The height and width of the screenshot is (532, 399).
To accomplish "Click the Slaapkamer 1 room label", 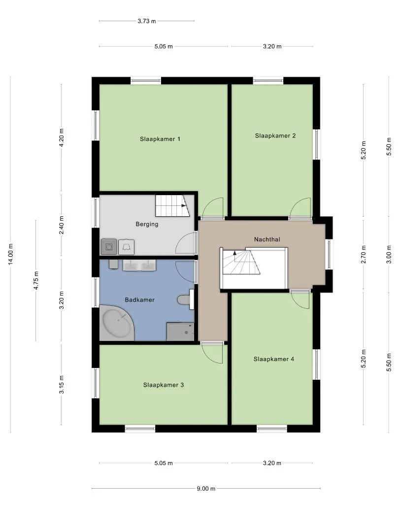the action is (x=160, y=139).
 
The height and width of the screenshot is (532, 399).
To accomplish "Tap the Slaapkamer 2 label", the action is (x=275, y=136).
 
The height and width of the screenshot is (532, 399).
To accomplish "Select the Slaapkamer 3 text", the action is (x=163, y=385).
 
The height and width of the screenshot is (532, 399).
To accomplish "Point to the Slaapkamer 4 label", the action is (x=274, y=359).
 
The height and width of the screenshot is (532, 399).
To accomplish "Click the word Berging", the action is (x=147, y=224).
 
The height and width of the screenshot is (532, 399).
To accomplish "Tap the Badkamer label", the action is (x=139, y=300).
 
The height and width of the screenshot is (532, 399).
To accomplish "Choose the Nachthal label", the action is (x=267, y=239).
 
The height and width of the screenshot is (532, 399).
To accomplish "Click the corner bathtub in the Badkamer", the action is (x=117, y=323).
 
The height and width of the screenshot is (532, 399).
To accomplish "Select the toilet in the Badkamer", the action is (x=185, y=299).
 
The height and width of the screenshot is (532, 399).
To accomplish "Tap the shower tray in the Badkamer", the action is (x=180, y=332).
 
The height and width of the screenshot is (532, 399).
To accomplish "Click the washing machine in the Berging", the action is (x=109, y=247).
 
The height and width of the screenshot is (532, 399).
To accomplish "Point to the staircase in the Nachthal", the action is (x=241, y=262).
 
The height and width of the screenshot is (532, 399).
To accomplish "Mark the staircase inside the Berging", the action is (x=172, y=205).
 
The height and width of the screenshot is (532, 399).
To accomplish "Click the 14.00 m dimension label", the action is (x=10, y=254).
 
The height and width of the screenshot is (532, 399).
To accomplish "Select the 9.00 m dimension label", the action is (x=206, y=489).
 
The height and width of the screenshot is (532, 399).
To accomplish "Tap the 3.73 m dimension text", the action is (x=147, y=21).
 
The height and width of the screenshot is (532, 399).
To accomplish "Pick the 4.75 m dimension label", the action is (x=36, y=281).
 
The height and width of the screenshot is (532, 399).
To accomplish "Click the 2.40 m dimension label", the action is (x=62, y=225).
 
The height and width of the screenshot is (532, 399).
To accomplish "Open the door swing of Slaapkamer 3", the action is (x=212, y=353).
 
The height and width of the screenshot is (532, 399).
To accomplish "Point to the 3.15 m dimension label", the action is (x=62, y=385).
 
